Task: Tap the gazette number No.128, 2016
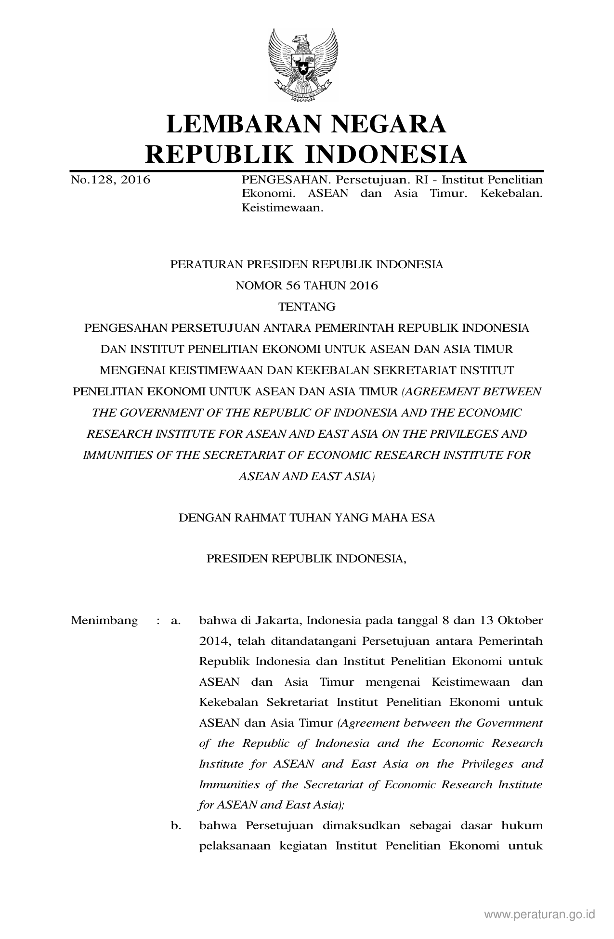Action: pyautogui.click(x=111, y=180)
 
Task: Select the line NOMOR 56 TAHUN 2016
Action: pyautogui.click(x=307, y=286)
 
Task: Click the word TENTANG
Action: pyautogui.click(x=307, y=307)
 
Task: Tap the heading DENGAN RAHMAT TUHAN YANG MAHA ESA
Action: pyautogui.click(x=307, y=518)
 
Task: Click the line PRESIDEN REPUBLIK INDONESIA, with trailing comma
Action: pyautogui.click(x=307, y=559)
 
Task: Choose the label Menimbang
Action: pyautogui.click(x=104, y=620)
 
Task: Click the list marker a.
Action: pyautogui.click(x=176, y=621)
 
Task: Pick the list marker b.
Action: pyautogui.click(x=176, y=826)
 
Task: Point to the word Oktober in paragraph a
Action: pyautogui.click(x=523, y=620)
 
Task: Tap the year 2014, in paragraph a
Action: pyautogui.click(x=212, y=641)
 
